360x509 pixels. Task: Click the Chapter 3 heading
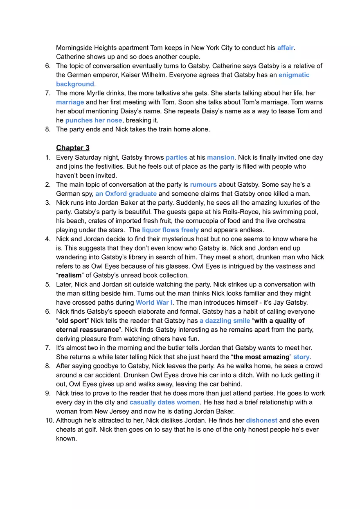click(73, 148)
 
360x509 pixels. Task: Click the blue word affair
click(285, 48)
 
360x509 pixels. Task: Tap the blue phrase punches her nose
click(94, 120)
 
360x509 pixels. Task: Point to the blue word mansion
click(220, 157)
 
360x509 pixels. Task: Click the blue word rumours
click(203, 185)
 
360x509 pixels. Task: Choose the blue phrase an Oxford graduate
click(126, 194)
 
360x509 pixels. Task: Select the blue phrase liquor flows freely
click(170, 230)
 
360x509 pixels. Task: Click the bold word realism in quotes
click(70, 275)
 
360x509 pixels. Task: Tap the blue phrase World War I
click(154, 302)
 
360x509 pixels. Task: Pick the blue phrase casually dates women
click(164, 402)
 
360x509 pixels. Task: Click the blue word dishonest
click(261, 420)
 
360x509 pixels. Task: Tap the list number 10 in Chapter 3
click(49, 420)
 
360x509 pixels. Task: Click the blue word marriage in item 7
click(70, 102)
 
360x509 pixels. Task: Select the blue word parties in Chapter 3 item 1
click(176, 157)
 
